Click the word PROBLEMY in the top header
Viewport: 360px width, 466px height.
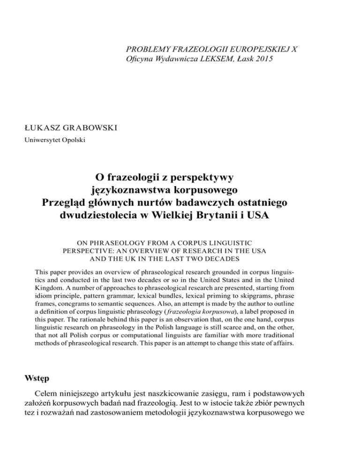(145, 48)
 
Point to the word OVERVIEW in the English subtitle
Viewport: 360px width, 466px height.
(169, 251)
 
